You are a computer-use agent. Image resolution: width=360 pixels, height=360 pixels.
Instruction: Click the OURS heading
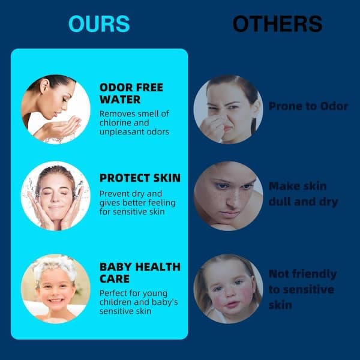[x=99, y=23]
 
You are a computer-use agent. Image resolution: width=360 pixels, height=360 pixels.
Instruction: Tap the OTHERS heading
[x=278, y=23]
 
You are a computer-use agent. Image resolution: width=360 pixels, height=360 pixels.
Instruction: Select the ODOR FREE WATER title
[x=131, y=94]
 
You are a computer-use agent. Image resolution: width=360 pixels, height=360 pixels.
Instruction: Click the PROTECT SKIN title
[x=140, y=178]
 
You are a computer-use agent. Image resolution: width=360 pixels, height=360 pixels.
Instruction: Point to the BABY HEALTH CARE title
[x=140, y=273]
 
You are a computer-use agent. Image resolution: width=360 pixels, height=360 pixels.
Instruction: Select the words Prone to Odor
[x=308, y=106]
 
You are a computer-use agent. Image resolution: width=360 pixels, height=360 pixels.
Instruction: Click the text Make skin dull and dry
[x=303, y=194]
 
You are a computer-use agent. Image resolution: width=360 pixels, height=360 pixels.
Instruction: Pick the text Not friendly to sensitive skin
[x=302, y=289]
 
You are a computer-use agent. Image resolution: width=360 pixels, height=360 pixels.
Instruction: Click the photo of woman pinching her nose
[x=228, y=110]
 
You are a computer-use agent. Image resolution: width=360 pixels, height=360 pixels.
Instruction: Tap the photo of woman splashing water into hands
[x=56, y=110]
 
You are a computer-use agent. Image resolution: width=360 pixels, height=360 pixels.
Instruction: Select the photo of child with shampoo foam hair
[x=56, y=289]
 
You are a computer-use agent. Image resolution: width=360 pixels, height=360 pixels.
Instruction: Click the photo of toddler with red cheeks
[x=228, y=289]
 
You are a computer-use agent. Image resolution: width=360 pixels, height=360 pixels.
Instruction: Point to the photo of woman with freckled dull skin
[x=228, y=196]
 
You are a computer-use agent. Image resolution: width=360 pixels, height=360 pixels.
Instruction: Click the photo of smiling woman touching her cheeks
[x=56, y=196]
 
